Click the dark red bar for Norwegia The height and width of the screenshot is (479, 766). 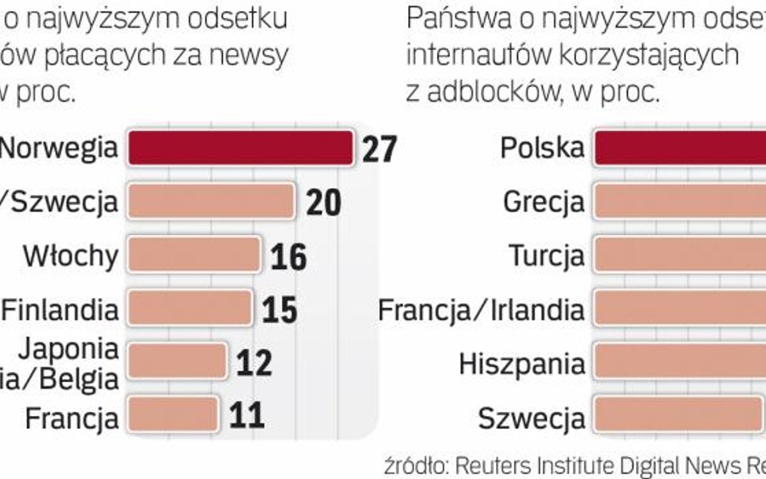click(x=241, y=148)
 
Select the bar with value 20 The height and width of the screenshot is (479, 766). click(x=211, y=202)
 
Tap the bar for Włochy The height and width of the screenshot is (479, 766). click(x=194, y=255)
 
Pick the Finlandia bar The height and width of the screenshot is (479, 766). click(x=190, y=308)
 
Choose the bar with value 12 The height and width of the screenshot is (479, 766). click(x=177, y=361)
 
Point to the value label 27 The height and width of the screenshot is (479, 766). click(x=379, y=149)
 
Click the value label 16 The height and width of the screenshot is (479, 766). click(x=288, y=256)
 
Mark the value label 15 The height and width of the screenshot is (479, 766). click(x=280, y=309)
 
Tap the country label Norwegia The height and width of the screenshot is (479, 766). click(x=57, y=149)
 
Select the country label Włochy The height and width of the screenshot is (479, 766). click(x=70, y=256)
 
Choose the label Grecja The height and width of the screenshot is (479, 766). click(x=543, y=202)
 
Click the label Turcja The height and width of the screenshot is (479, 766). click(x=546, y=256)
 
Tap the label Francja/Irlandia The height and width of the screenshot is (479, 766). click(x=482, y=309)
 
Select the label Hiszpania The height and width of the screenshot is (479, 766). click(x=522, y=363)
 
